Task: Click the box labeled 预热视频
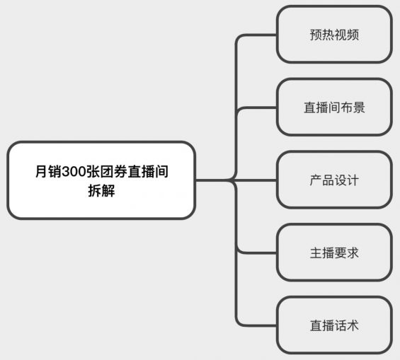click(333, 34)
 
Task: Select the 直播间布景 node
click(333, 108)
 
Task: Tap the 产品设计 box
click(333, 180)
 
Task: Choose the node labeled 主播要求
click(333, 252)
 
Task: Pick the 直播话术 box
click(333, 325)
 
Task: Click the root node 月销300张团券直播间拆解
click(101, 180)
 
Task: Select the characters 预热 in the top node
click(321, 34)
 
